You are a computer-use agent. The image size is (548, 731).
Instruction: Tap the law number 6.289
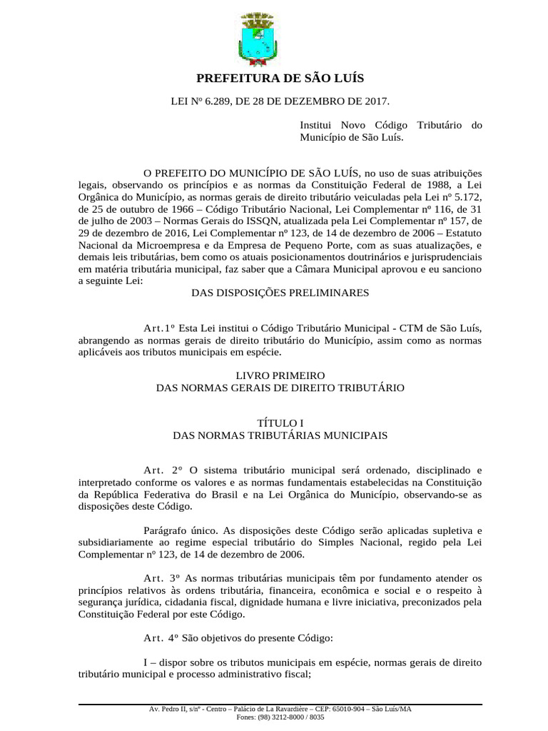tap(218, 102)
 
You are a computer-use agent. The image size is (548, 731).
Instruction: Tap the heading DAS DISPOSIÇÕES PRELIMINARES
tap(280, 292)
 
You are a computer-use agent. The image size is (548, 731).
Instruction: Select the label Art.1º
tap(159, 328)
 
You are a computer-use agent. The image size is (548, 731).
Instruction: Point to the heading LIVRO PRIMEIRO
tap(280, 375)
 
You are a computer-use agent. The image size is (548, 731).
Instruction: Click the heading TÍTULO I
tap(280, 423)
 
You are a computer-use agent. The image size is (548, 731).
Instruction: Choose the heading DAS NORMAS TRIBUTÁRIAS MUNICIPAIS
tap(280, 434)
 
